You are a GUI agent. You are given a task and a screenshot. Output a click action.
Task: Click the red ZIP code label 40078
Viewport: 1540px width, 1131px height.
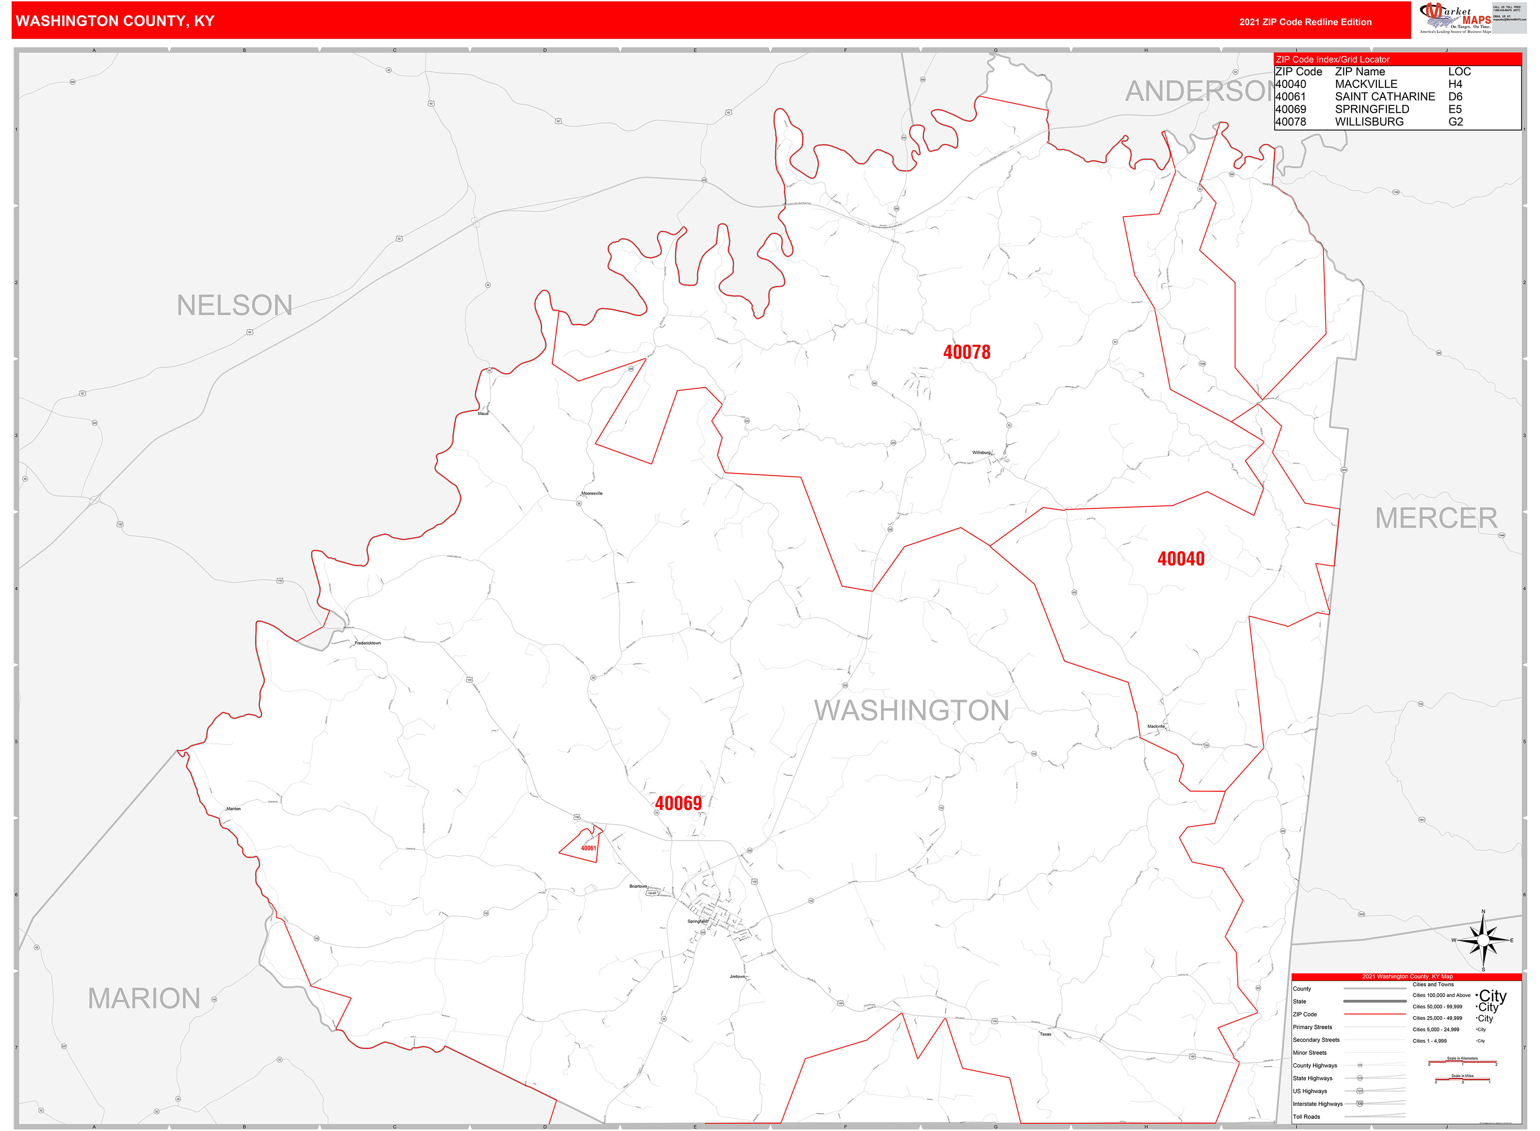(966, 353)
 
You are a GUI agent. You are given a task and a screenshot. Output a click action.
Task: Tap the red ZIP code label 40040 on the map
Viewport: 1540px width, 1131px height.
(1181, 559)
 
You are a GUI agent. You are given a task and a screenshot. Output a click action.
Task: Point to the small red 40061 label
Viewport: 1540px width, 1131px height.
(588, 848)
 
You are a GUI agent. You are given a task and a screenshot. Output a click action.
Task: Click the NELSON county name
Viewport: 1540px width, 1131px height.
(235, 305)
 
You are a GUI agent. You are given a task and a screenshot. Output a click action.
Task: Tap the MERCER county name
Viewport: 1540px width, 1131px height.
(1436, 518)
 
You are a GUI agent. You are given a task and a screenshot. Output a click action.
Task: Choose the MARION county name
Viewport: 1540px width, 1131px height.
(144, 999)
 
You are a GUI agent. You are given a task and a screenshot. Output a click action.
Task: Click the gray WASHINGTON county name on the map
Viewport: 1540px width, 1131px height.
(912, 711)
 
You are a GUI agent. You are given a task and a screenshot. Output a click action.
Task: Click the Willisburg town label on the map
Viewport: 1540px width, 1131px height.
(982, 452)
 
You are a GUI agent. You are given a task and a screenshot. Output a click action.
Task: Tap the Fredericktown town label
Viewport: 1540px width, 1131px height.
(367, 643)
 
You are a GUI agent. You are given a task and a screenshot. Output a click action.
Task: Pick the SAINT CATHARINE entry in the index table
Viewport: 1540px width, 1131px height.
(1385, 97)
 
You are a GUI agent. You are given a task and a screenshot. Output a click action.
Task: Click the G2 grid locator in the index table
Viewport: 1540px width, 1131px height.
(1455, 122)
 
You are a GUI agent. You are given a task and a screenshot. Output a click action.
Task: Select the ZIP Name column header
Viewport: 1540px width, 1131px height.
(1360, 72)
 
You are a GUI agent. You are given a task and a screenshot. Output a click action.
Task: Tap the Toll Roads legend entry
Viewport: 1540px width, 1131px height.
(1306, 1117)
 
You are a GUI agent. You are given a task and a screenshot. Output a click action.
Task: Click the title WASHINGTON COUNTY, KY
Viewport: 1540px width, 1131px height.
(115, 21)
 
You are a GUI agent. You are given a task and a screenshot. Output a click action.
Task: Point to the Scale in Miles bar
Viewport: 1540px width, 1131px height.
(1462, 1081)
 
